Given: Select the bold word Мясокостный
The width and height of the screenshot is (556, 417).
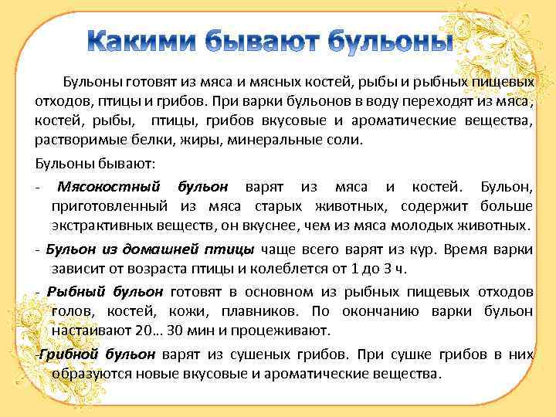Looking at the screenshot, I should (x=109, y=187).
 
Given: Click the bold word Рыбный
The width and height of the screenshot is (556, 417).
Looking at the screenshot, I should (x=75, y=292).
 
